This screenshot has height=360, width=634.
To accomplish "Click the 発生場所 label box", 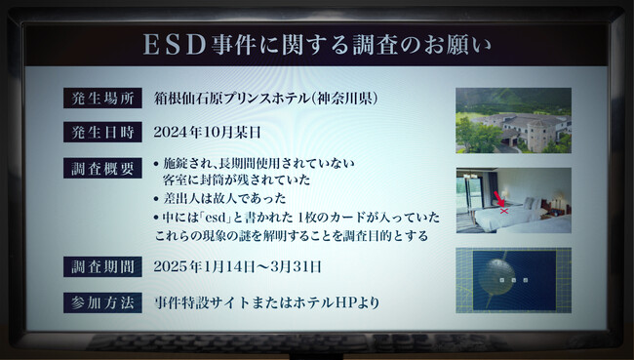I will tap(102, 98).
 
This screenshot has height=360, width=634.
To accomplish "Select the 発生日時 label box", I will tap(102, 131).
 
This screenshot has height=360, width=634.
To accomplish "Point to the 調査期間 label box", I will tap(102, 266).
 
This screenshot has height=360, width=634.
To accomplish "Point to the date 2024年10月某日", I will tap(208, 131).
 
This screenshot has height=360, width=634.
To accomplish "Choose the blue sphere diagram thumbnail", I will tap(513, 279).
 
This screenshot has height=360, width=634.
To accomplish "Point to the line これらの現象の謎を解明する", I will tap(234, 235).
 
